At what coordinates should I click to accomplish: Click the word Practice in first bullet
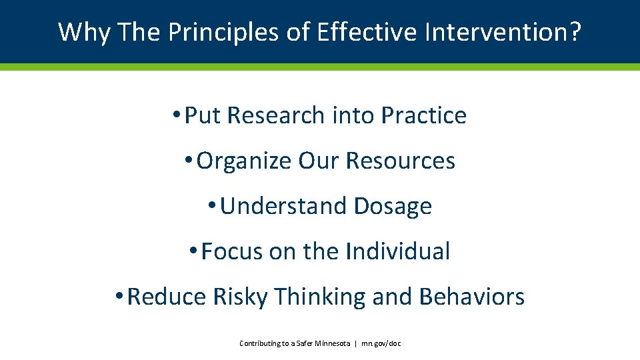tap(423, 115)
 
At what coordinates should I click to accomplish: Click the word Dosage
tap(393, 206)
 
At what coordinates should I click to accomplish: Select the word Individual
tap(398, 251)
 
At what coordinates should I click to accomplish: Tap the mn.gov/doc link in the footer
tap(381, 343)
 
